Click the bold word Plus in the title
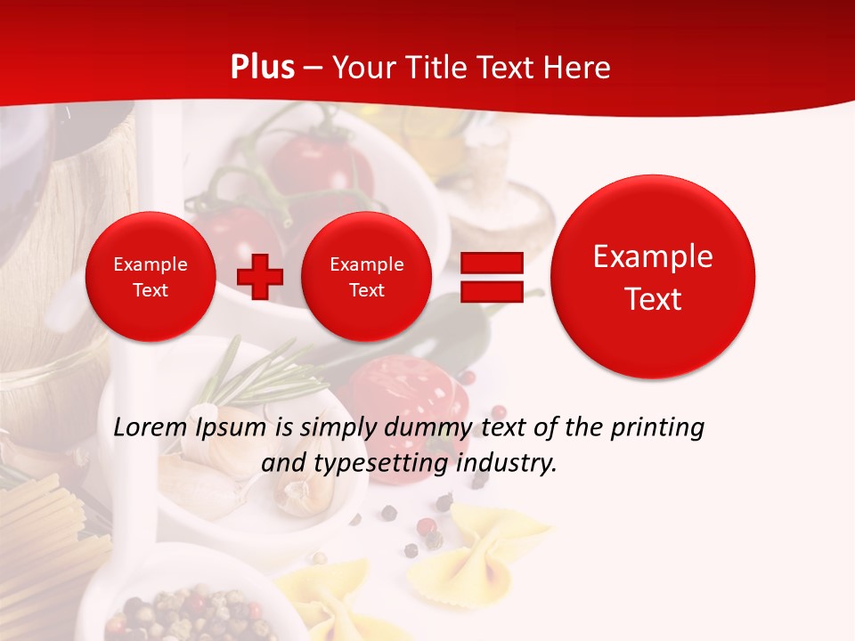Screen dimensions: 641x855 262,68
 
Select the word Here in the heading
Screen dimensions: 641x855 579,68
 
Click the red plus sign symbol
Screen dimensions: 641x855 259,277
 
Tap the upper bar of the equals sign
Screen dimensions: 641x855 491,264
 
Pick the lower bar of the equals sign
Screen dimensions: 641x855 491,291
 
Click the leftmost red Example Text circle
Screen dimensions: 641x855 150,277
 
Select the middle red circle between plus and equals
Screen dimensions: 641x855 366,277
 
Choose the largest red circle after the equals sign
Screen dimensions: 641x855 653,277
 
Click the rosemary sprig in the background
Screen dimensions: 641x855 258,378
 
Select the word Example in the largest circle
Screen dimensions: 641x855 653,256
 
